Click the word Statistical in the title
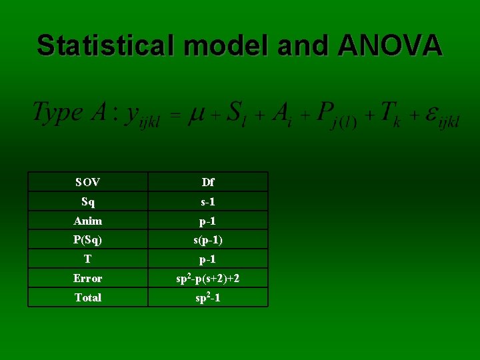point(105,45)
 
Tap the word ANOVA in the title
point(390,45)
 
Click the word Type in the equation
point(58,112)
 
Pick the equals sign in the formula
point(174,115)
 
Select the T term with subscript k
point(389,113)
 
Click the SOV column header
point(88,182)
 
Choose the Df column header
point(208,182)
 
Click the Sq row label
point(88,201)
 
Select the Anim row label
point(88,221)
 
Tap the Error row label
point(88,278)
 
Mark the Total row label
point(88,297)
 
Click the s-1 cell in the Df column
point(208,201)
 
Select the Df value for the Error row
point(208,278)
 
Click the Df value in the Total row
point(208,297)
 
